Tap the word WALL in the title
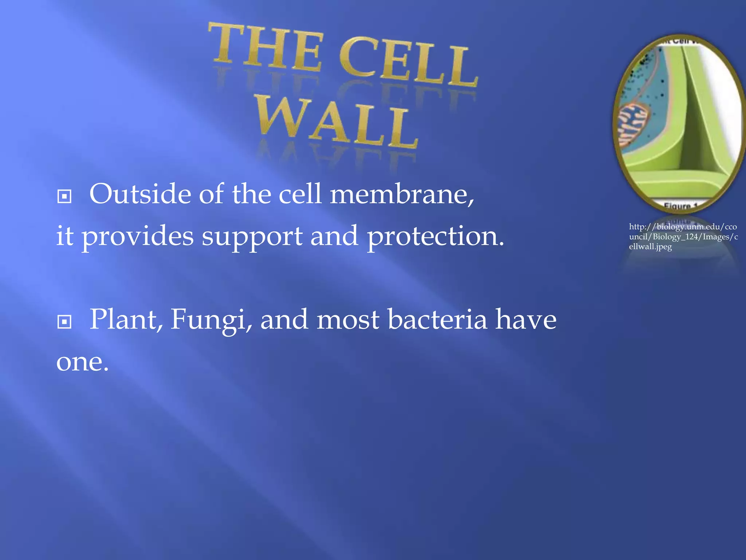pyautogui.click(x=337, y=122)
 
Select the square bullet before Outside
pyautogui.click(x=64, y=197)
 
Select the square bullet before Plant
pyautogui.click(x=64, y=322)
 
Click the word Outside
pyautogui.click(x=140, y=194)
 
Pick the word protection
pyautogui.click(x=435, y=236)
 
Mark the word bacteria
pyautogui.click(x=437, y=319)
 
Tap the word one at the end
pyautogui.click(x=82, y=362)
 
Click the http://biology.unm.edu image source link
pyautogui.click(x=683, y=227)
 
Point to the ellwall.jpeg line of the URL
pyautogui.click(x=650, y=247)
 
